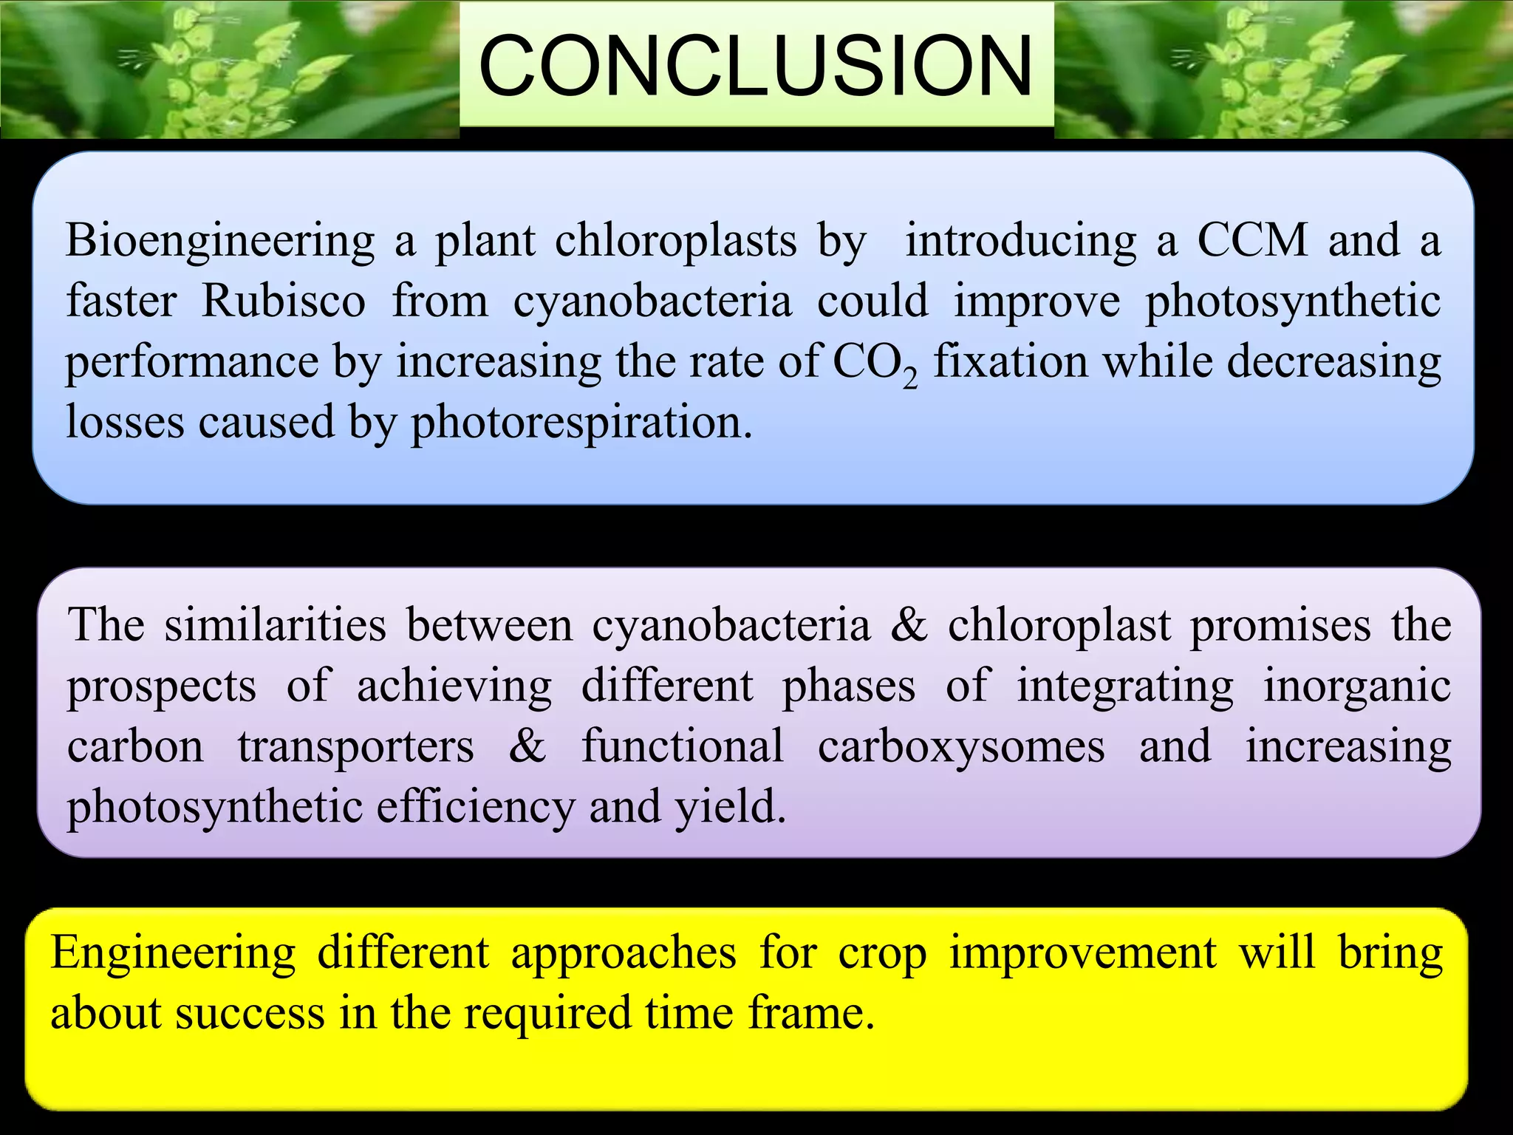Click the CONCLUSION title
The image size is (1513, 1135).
(755, 67)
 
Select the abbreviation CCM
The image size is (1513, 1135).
(1251, 240)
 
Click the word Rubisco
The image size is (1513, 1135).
(283, 301)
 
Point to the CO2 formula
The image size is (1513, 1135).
(875, 364)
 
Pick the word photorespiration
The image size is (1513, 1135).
(581, 423)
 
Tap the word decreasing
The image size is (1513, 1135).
(1333, 364)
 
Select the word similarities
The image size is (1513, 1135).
(275, 625)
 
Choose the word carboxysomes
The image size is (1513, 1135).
(960, 746)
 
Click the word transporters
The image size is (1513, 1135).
(355, 746)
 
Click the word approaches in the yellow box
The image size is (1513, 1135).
(624, 953)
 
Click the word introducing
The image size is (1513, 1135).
(1021, 242)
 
